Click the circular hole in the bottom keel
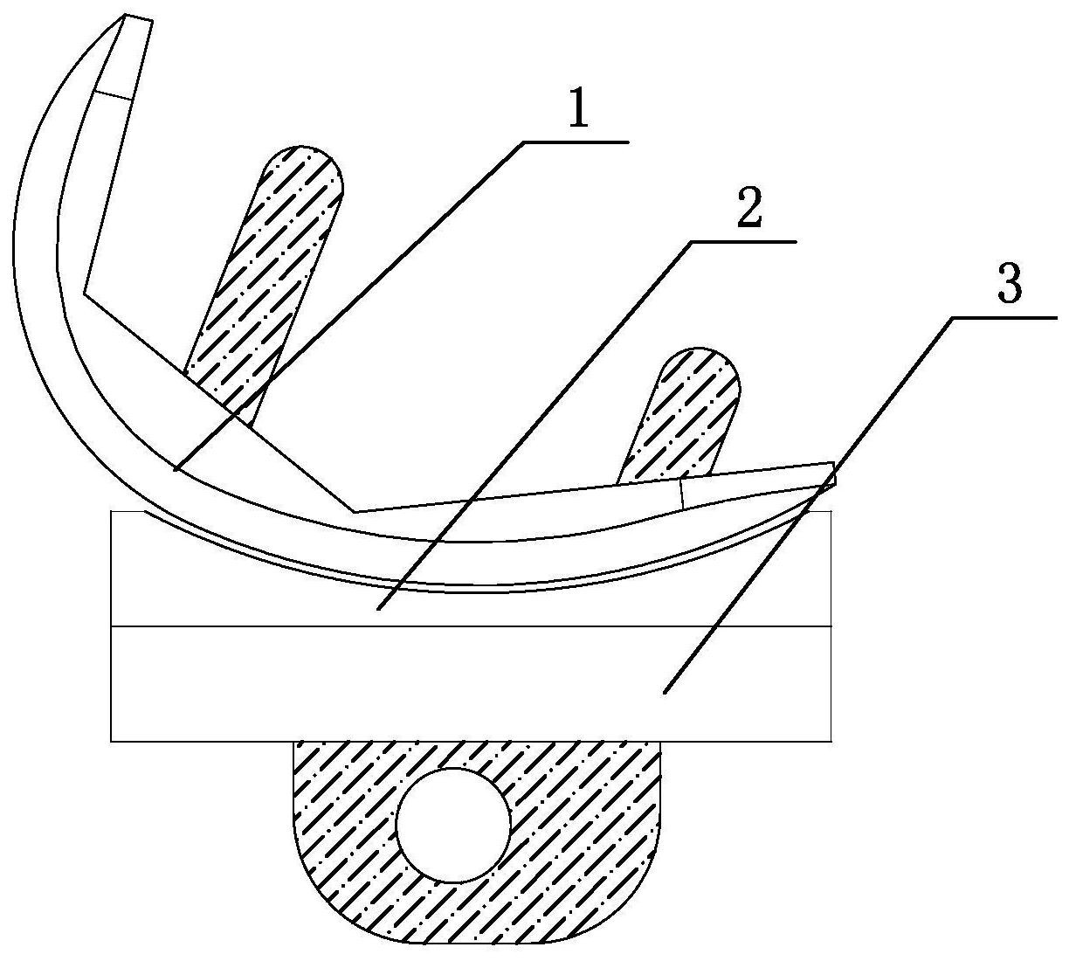pyautogui.click(x=453, y=825)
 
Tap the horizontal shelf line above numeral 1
pyautogui.click(x=576, y=142)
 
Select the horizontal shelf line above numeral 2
pyautogui.click(x=743, y=242)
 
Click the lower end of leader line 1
pyautogui.click(x=176, y=470)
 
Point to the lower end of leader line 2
pyautogui.click(x=377, y=609)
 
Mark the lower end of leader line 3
pyautogui.click(x=664, y=694)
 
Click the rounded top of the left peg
pyautogui.click(x=304, y=147)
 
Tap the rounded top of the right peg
pyautogui.click(x=700, y=349)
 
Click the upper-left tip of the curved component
pyautogui.click(x=125, y=16)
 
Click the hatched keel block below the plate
pyautogui.click(x=477, y=841)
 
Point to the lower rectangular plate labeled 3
pyautogui.click(x=471, y=684)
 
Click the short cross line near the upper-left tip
pyautogui.click(x=112, y=94)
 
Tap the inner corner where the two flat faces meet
pyautogui.click(x=355, y=512)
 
